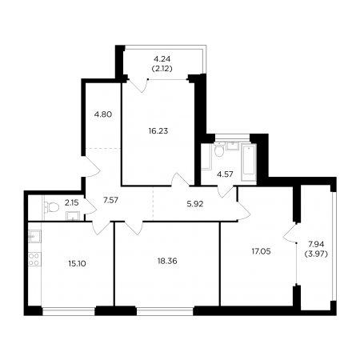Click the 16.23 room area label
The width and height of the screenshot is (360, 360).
[158, 131]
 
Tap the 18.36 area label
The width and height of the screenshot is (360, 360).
[167, 261]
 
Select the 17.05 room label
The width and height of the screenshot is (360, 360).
[261, 251]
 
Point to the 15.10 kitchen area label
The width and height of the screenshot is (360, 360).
[77, 264]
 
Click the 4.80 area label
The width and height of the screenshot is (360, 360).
[103, 114]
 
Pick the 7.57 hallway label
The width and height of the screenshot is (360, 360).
[110, 200]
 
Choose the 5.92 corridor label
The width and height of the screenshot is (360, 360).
[195, 204]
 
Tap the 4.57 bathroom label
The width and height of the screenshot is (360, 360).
[225, 174]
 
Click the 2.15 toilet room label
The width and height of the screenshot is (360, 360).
[71, 203]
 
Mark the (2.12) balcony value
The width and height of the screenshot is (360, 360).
[162, 69]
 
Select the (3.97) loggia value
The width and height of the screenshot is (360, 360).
[316, 254]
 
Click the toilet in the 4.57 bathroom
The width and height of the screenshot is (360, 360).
[219, 150]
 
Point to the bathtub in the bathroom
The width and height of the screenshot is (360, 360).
[249, 162]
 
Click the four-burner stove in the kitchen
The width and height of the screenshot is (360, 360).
[34, 260]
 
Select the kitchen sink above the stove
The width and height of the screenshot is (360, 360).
[34, 237]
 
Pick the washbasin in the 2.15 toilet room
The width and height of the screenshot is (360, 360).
[73, 216]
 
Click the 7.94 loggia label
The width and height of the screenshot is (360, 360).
[316, 244]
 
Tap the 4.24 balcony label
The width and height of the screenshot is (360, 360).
[162, 58]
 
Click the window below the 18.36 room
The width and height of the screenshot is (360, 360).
[165, 311]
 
